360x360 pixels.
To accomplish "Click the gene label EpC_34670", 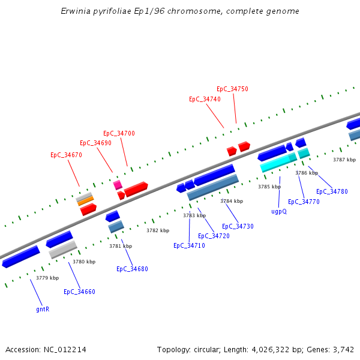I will coord(66,155).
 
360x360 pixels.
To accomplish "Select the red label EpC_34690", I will coord(95,143).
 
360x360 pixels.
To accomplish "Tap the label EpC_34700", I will coord(119,133).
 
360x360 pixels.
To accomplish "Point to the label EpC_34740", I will coord(205,99).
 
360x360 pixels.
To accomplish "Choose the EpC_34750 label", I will coord(232,89).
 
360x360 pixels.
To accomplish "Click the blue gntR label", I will coord(42,310).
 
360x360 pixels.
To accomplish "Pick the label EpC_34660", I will coord(79,292).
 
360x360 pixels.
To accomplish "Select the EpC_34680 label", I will coord(132,269).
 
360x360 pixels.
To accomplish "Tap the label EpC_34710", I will coord(189,245).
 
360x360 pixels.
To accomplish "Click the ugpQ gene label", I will coord(279,211).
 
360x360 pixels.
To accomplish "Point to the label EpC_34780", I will coord(332,191).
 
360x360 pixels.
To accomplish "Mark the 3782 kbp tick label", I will coord(158,230).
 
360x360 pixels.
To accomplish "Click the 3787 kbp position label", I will coord(344,160).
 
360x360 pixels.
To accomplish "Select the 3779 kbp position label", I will coord(47,278).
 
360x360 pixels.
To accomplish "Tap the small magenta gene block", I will coord(118,185).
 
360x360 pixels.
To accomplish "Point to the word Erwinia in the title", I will coord(75,11).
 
